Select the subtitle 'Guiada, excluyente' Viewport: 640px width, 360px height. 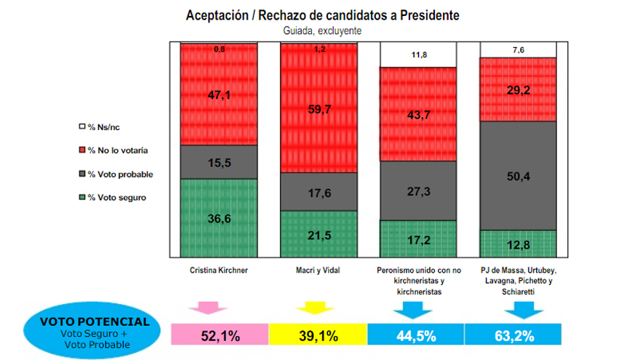point(323,31)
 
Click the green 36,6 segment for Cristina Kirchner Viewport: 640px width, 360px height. point(219,217)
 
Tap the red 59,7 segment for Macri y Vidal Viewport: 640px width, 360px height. point(319,109)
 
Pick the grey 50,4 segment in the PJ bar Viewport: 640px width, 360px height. point(518,175)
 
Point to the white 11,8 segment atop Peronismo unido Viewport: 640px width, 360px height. point(418,55)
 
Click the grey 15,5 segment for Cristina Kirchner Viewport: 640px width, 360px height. point(219,162)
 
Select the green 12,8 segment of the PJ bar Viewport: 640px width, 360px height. point(518,243)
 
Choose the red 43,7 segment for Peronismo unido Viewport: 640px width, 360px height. point(418,114)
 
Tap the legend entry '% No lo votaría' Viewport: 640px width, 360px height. point(117,151)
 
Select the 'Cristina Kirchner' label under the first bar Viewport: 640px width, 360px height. point(218,270)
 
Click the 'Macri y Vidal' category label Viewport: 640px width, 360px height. point(319,270)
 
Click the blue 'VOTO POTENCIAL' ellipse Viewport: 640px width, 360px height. point(96,331)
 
